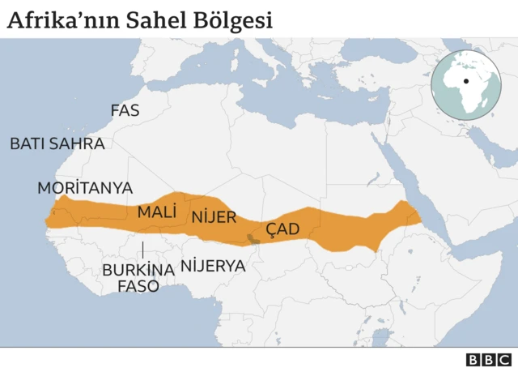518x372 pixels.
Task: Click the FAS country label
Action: point(125,110)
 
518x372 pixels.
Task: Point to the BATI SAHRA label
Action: point(57,143)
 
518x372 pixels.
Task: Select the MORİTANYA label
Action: point(85,187)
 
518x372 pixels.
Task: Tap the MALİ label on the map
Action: point(157,212)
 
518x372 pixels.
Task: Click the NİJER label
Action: point(214,216)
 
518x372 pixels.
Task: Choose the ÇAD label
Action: point(282,229)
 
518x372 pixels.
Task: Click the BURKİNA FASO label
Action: point(138,277)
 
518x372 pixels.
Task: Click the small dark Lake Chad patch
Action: point(253,238)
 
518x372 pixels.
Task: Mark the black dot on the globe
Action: point(466,81)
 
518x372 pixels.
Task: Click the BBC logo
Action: point(488,360)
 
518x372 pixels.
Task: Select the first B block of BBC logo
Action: point(473,360)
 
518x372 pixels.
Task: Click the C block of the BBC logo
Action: point(503,360)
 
